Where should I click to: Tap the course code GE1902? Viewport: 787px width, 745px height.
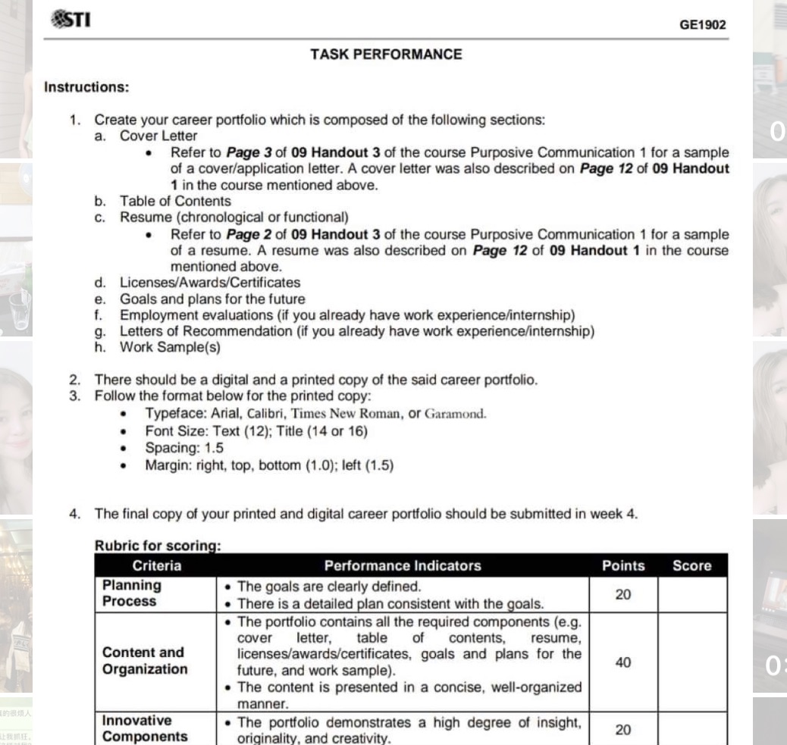tap(702, 25)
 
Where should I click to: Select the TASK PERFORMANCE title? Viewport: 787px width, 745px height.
tap(386, 55)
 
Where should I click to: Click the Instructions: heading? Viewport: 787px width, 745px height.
tap(86, 86)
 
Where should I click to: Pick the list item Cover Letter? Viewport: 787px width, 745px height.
tap(158, 136)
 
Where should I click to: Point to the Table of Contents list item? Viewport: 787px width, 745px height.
tap(174, 201)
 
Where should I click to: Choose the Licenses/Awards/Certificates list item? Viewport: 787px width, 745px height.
tap(209, 283)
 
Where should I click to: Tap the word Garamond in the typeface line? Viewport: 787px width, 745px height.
tap(455, 415)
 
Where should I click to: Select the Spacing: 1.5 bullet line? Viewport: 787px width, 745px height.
tap(184, 448)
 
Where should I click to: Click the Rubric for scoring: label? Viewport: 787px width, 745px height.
tap(157, 546)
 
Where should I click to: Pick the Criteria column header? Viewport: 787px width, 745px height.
tap(157, 565)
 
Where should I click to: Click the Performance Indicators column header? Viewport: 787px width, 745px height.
tap(402, 565)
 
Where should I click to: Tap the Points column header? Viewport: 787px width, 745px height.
tap(622, 565)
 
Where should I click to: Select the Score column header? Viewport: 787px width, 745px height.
tap(691, 565)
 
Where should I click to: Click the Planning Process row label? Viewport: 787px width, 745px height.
tap(131, 593)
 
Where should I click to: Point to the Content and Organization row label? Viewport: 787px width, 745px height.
tap(144, 662)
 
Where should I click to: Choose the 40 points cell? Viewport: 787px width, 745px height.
tap(622, 662)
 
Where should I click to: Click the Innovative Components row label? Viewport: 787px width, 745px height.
tap(144, 729)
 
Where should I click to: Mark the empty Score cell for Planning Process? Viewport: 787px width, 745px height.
tap(691, 594)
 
